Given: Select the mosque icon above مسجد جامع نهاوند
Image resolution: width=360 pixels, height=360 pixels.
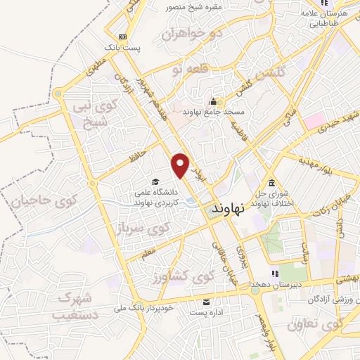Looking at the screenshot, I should click(x=212, y=102).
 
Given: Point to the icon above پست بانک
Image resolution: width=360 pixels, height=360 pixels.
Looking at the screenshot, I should click(x=122, y=37).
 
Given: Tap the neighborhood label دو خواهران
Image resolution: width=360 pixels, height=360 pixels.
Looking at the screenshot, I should click(x=192, y=33).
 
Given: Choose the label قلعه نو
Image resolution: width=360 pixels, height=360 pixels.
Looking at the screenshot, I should click(x=182, y=70).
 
